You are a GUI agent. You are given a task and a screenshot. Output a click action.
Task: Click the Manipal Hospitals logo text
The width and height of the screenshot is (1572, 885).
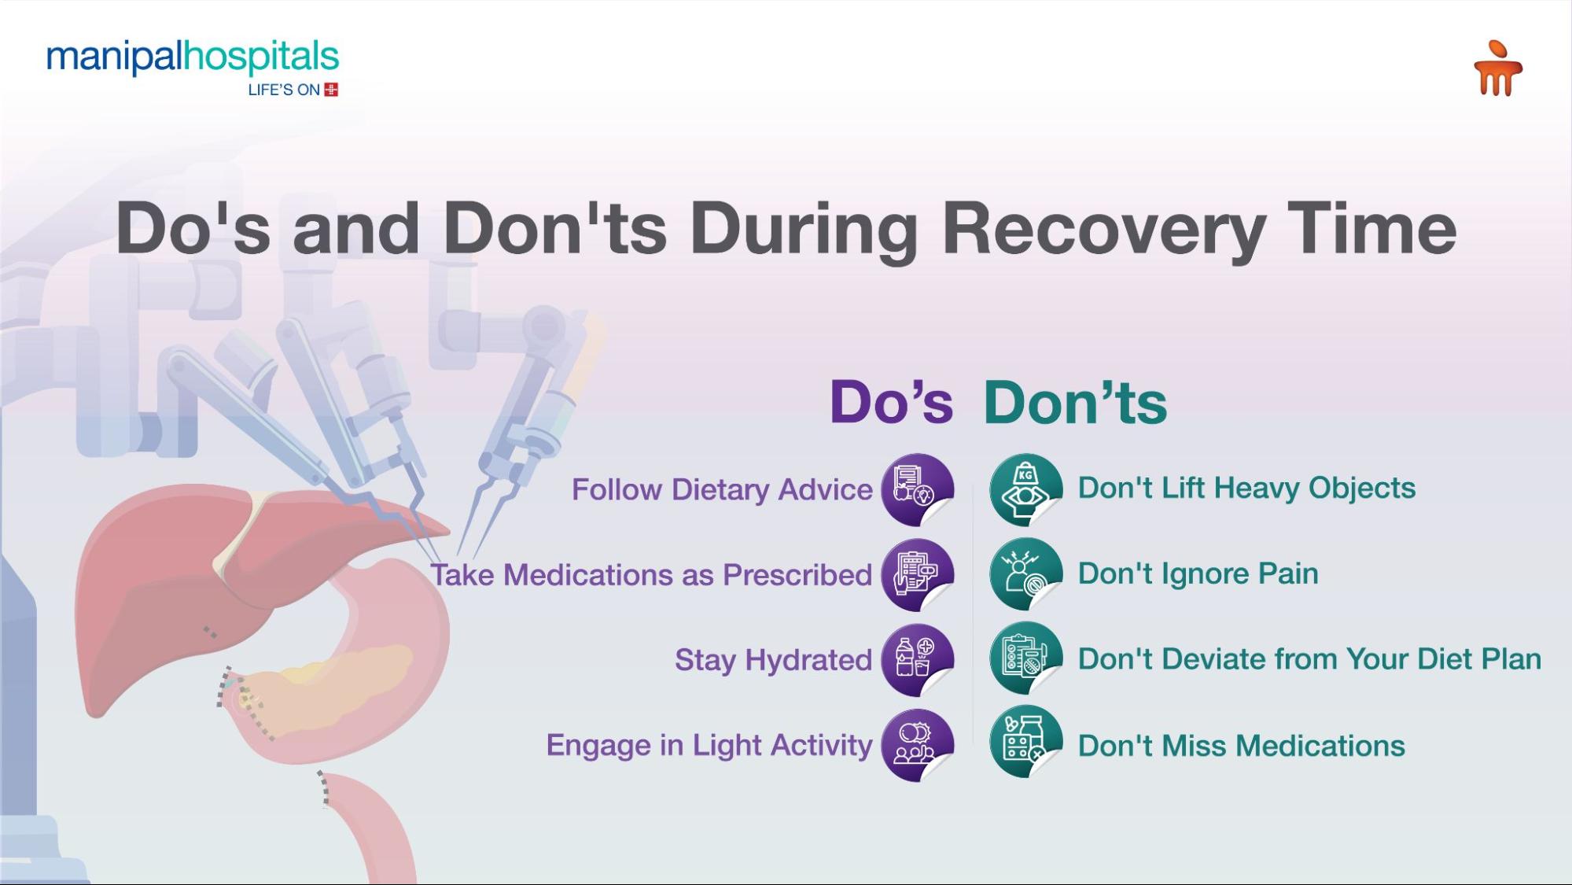(193, 57)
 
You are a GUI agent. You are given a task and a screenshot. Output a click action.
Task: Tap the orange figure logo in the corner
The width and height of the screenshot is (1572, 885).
(1497, 69)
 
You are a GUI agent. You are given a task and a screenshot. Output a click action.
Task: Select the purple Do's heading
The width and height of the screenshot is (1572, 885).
(891, 403)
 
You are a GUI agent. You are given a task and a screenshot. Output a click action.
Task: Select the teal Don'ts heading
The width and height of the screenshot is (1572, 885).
(1075, 403)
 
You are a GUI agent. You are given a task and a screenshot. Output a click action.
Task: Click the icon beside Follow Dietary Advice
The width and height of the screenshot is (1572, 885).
(917, 489)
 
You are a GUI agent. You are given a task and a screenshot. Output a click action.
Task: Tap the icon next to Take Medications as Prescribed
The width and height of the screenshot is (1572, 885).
(917, 575)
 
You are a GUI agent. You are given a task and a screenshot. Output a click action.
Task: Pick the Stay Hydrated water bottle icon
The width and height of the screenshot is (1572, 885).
(917, 660)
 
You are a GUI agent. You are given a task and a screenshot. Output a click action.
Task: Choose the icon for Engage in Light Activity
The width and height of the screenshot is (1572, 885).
(917, 745)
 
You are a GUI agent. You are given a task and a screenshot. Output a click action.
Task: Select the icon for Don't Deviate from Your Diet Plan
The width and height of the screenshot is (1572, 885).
(1025, 658)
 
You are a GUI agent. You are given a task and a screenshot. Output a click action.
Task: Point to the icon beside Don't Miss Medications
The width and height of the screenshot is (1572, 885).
(1025, 743)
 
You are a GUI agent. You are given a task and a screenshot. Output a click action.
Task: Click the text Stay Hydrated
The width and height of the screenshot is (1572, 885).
(773, 660)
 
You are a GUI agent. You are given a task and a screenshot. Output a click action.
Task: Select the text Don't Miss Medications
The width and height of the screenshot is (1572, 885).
(1241, 746)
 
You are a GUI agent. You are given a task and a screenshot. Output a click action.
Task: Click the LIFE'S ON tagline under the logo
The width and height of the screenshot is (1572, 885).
(284, 90)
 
